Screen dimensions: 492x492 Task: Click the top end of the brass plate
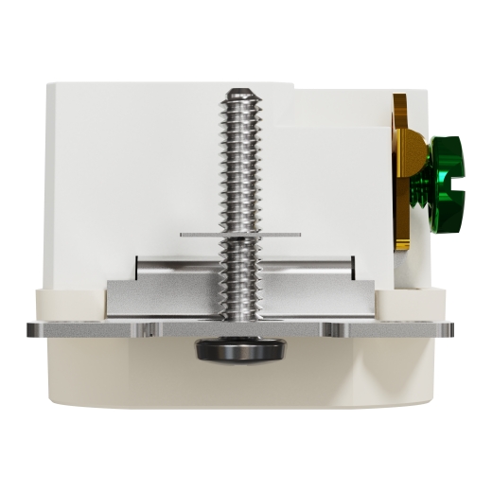(401, 98)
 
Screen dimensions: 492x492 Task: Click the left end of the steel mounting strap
(33, 329)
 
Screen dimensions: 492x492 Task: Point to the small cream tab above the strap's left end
(66, 304)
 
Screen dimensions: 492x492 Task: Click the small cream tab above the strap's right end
(410, 304)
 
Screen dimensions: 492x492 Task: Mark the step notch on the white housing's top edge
(294, 90)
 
